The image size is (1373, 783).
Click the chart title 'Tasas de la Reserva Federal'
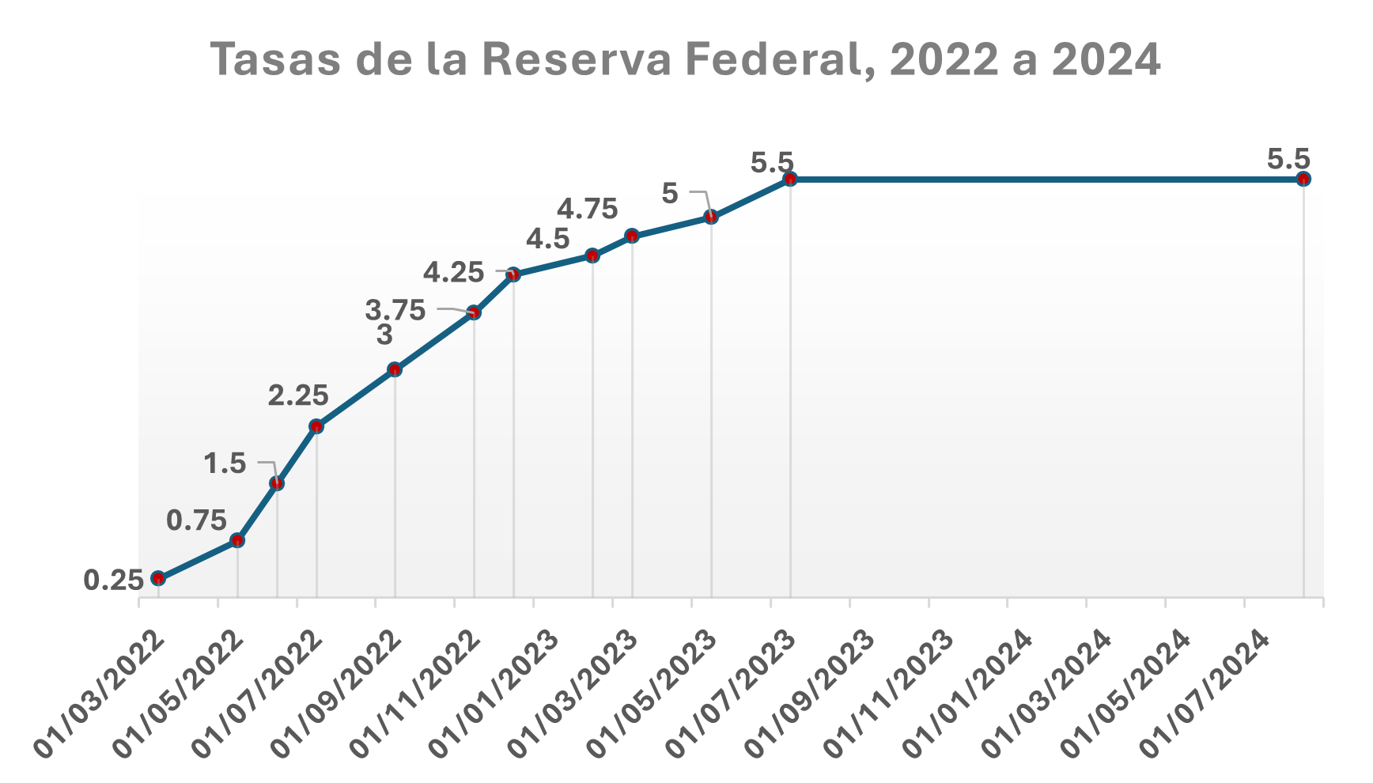tap(686, 60)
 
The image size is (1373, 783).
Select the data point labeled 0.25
tap(158, 578)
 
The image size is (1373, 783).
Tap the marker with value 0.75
tap(237, 540)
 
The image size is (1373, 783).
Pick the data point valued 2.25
tap(316, 426)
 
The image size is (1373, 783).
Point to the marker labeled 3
tap(395, 369)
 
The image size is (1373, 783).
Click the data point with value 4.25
tap(513, 274)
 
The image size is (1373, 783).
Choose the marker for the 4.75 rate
tap(632, 236)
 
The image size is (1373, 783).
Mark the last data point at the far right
tap(1303, 179)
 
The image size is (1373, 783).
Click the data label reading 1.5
tap(225, 463)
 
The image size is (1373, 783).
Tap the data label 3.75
tap(395, 309)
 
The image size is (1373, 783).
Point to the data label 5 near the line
tap(669, 193)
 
